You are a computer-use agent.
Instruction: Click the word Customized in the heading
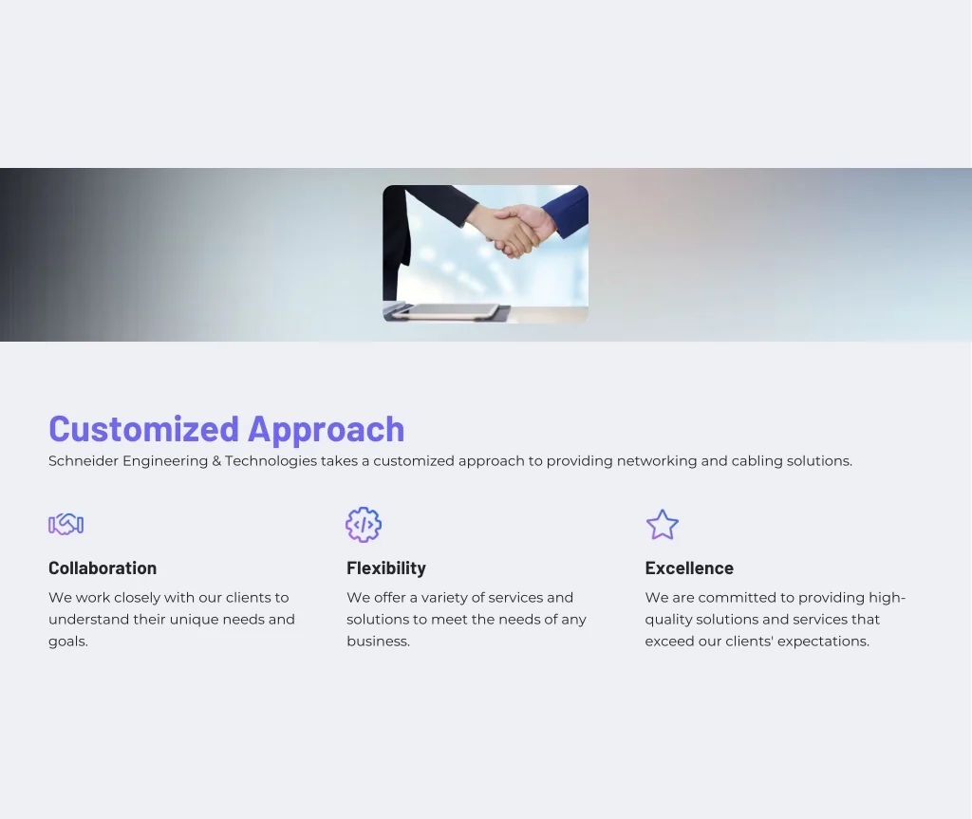coord(144,428)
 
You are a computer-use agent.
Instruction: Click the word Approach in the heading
coord(327,430)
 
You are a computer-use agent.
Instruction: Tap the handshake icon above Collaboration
coord(65,525)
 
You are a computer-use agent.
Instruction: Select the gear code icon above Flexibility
coord(364,525)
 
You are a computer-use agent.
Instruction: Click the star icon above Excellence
coord(662,525)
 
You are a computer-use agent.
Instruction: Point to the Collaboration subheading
coord(103,568)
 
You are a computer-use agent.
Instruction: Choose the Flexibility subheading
coord(386,568)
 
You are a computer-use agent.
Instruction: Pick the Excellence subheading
coord(689,568)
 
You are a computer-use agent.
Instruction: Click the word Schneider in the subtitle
coord(84,460)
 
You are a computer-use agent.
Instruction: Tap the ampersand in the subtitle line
coord(216,461)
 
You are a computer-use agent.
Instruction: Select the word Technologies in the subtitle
coord(271,461)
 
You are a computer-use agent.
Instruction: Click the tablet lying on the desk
coord(446,311)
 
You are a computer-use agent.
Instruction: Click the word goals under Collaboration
coord(68,642)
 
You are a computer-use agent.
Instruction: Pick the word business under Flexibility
coord(378,642)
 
